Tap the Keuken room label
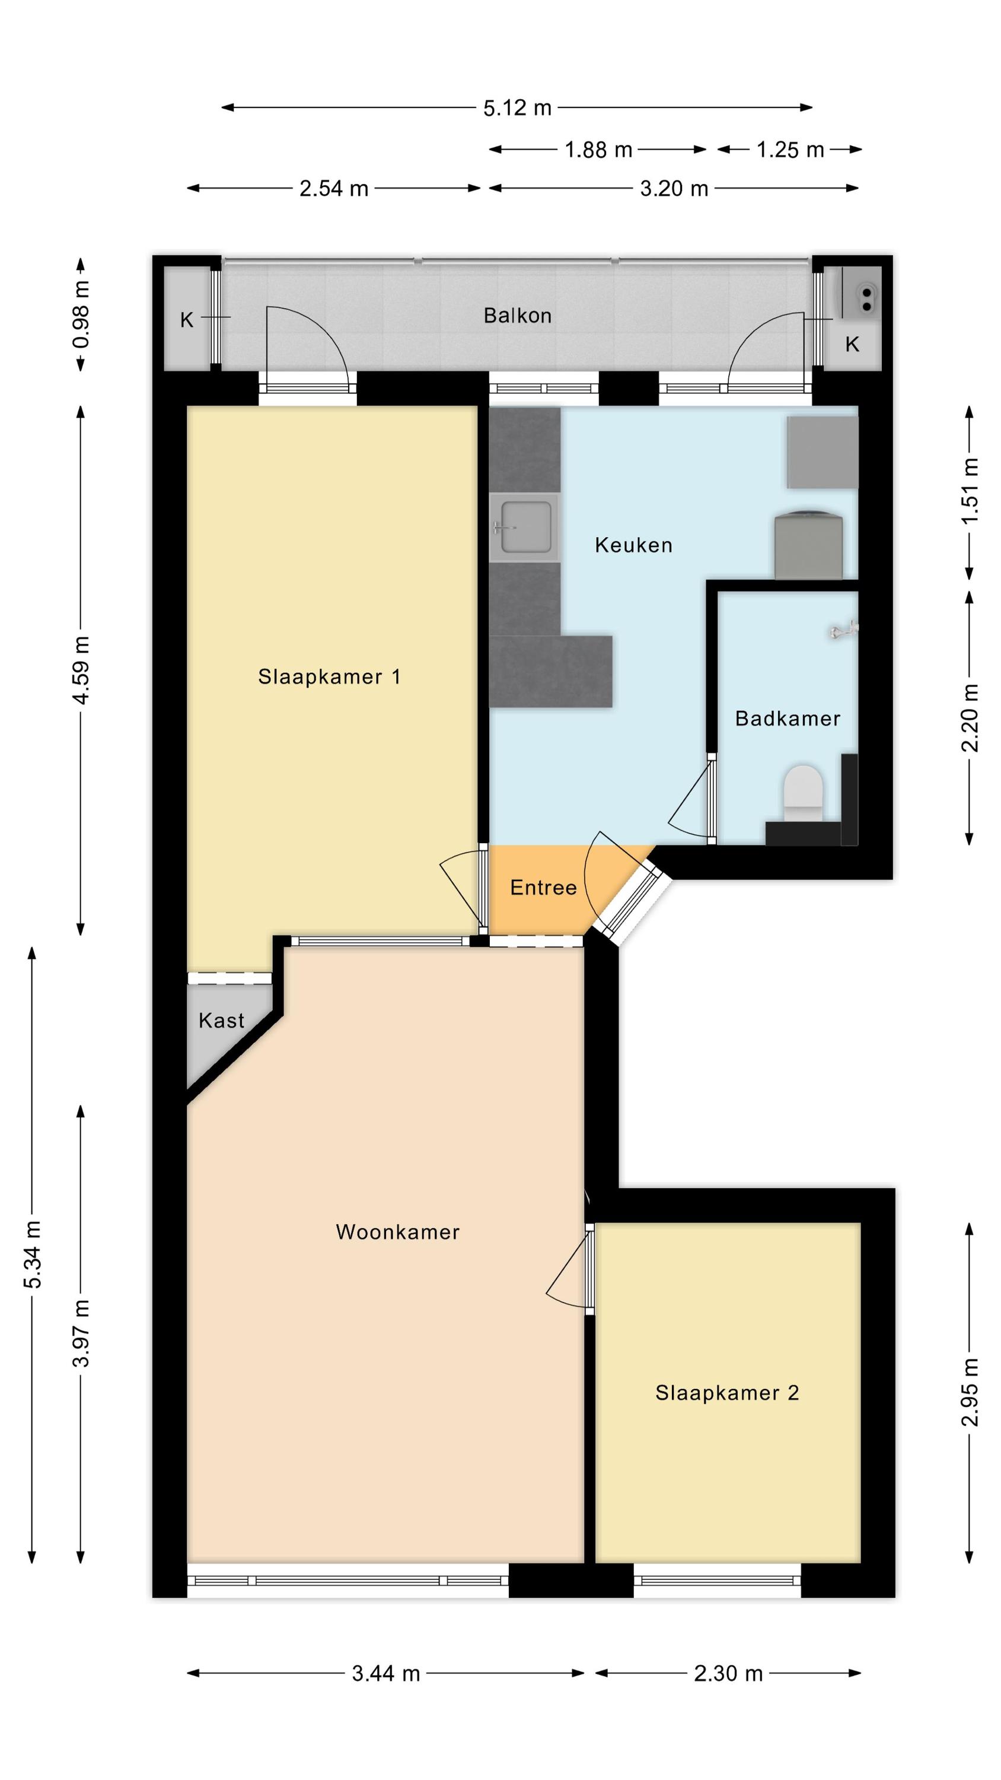coord(633,545)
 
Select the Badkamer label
coord(788,719)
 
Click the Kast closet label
coord(221,1021)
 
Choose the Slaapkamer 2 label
coord(728,1393)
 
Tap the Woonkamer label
coord(397,1232)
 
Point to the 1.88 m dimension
coord(598,150)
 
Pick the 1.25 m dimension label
coord(790,150)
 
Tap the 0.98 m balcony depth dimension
coord(81,315)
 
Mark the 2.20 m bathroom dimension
coord(970,718)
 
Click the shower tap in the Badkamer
coord(844,630)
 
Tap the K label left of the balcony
coord(187,320)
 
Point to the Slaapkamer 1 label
coord(330,676)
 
